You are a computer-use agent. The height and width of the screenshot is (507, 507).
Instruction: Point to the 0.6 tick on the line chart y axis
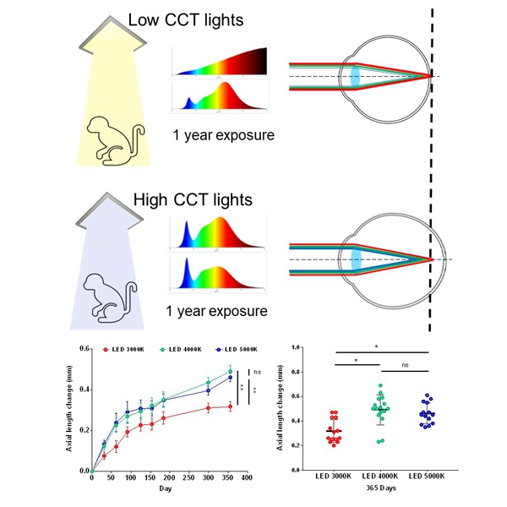(84, 348)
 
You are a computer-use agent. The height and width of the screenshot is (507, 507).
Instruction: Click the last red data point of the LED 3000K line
(229, 406)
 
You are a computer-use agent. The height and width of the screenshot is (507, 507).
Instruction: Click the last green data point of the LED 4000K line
(229, 371)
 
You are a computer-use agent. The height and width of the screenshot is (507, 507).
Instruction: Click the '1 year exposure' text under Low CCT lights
(225, 134)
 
